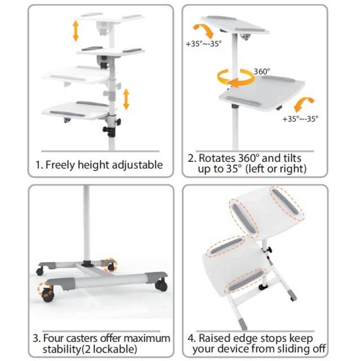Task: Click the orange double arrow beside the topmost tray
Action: [76, 31]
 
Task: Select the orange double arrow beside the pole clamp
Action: [126, 99]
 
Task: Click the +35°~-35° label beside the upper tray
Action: [203, 42]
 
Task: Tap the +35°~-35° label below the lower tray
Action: [300, 118]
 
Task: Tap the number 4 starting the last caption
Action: [191, 338]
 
